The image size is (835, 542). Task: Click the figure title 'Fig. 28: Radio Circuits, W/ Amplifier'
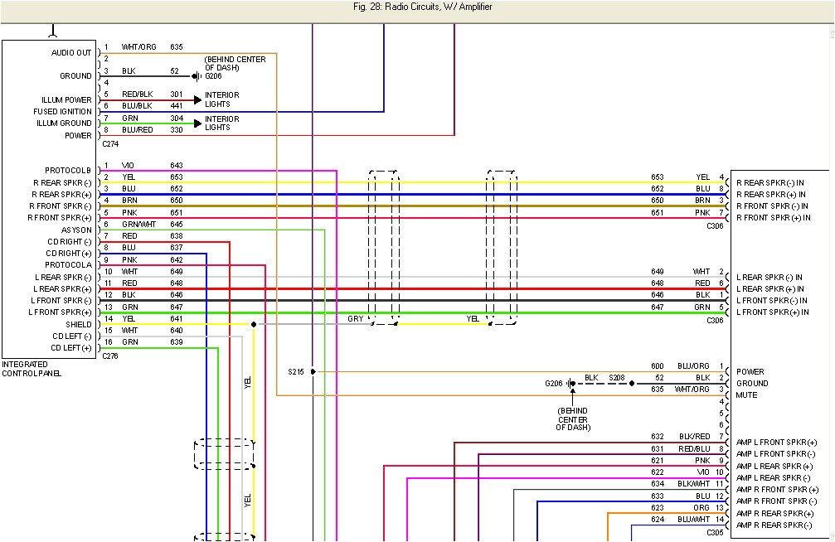pyautogui.click(x=416, y=7)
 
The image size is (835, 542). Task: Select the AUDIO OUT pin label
pyautogui.click(x=72, y=53)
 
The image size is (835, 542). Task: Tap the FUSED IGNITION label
pyautogui.click(x=62, y=112)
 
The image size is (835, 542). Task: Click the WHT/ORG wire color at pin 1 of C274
pyautogui.click(x=138, y=47)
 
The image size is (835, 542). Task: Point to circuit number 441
pyautogui.click(x=176, y=106)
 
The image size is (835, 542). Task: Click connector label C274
pyautogui.click(x=110, y=144)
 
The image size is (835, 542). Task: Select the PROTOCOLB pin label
pyautogui.click(x=68, y=171)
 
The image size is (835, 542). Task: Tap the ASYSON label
pyautogui.click(x=76, y=230)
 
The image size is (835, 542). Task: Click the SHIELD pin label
pyautogui.click(x=79, y=324)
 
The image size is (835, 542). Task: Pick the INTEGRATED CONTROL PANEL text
pyautogui.click(x=31, y=369)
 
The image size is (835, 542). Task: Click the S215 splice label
pyautogui.click(x=296, y=371)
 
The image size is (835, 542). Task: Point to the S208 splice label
pyautogui.click(x=616, y=378)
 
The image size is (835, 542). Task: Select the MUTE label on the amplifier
pyautogui.click(x=746, y=395)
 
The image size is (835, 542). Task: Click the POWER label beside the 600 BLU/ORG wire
pyautogui.click(x=750, y=372)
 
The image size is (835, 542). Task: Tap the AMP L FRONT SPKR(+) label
pyautogui.click(x=782, y=443)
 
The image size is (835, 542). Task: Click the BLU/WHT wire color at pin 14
pyautogui.click(x=695, y=520)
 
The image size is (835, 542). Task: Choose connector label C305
pyautogui.click(x=715, y=532)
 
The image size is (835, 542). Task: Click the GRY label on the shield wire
pyautogui.click(x=355, y=318)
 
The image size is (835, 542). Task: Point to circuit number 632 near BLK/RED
pyautogui.click(x=658, y=437)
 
